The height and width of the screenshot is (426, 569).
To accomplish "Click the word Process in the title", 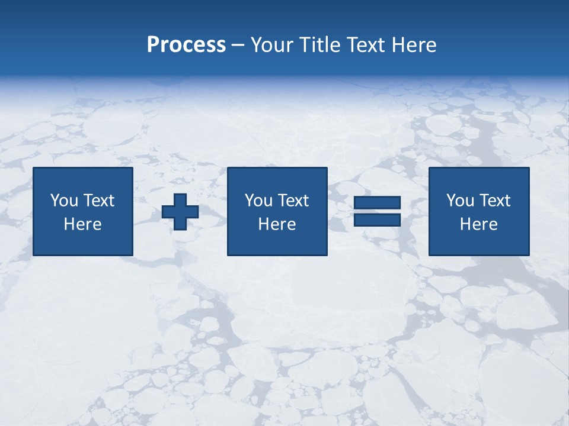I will point(186,45).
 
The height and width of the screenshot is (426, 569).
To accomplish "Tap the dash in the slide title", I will point(238,46).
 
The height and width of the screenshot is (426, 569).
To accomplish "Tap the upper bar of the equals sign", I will point(377,203).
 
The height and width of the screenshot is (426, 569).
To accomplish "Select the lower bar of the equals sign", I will point(377,220).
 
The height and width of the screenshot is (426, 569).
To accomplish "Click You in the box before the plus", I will point(64,201).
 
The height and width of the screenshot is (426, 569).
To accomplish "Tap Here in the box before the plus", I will point(83,224).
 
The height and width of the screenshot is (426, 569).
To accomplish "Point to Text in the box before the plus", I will point(98,201).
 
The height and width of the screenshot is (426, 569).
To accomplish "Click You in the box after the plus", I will point(258,201).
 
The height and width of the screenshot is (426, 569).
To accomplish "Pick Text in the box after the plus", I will point(293,201).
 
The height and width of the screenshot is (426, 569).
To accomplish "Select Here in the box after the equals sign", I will point(479,224).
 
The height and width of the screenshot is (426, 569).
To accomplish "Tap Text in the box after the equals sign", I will point(494,201).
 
